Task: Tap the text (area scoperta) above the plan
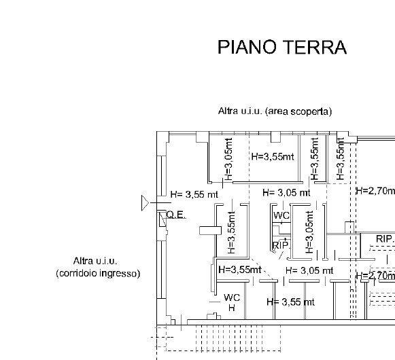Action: point(298,111)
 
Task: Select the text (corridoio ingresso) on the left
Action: point(97,274)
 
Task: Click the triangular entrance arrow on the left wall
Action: point(145,202)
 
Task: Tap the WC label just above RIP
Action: point(281,216)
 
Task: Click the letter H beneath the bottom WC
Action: point(231,308)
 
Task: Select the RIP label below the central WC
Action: point(279,245)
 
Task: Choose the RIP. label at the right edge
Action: point(385,239)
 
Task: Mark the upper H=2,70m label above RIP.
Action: point(375,191)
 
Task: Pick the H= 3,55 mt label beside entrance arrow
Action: point(194,194)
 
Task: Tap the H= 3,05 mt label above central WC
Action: point(286,193)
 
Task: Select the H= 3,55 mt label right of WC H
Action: point(290,302)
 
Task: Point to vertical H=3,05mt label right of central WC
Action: point(309,232)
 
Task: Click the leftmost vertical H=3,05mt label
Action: point(229,159)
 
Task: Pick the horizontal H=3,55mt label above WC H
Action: point(239,270)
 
